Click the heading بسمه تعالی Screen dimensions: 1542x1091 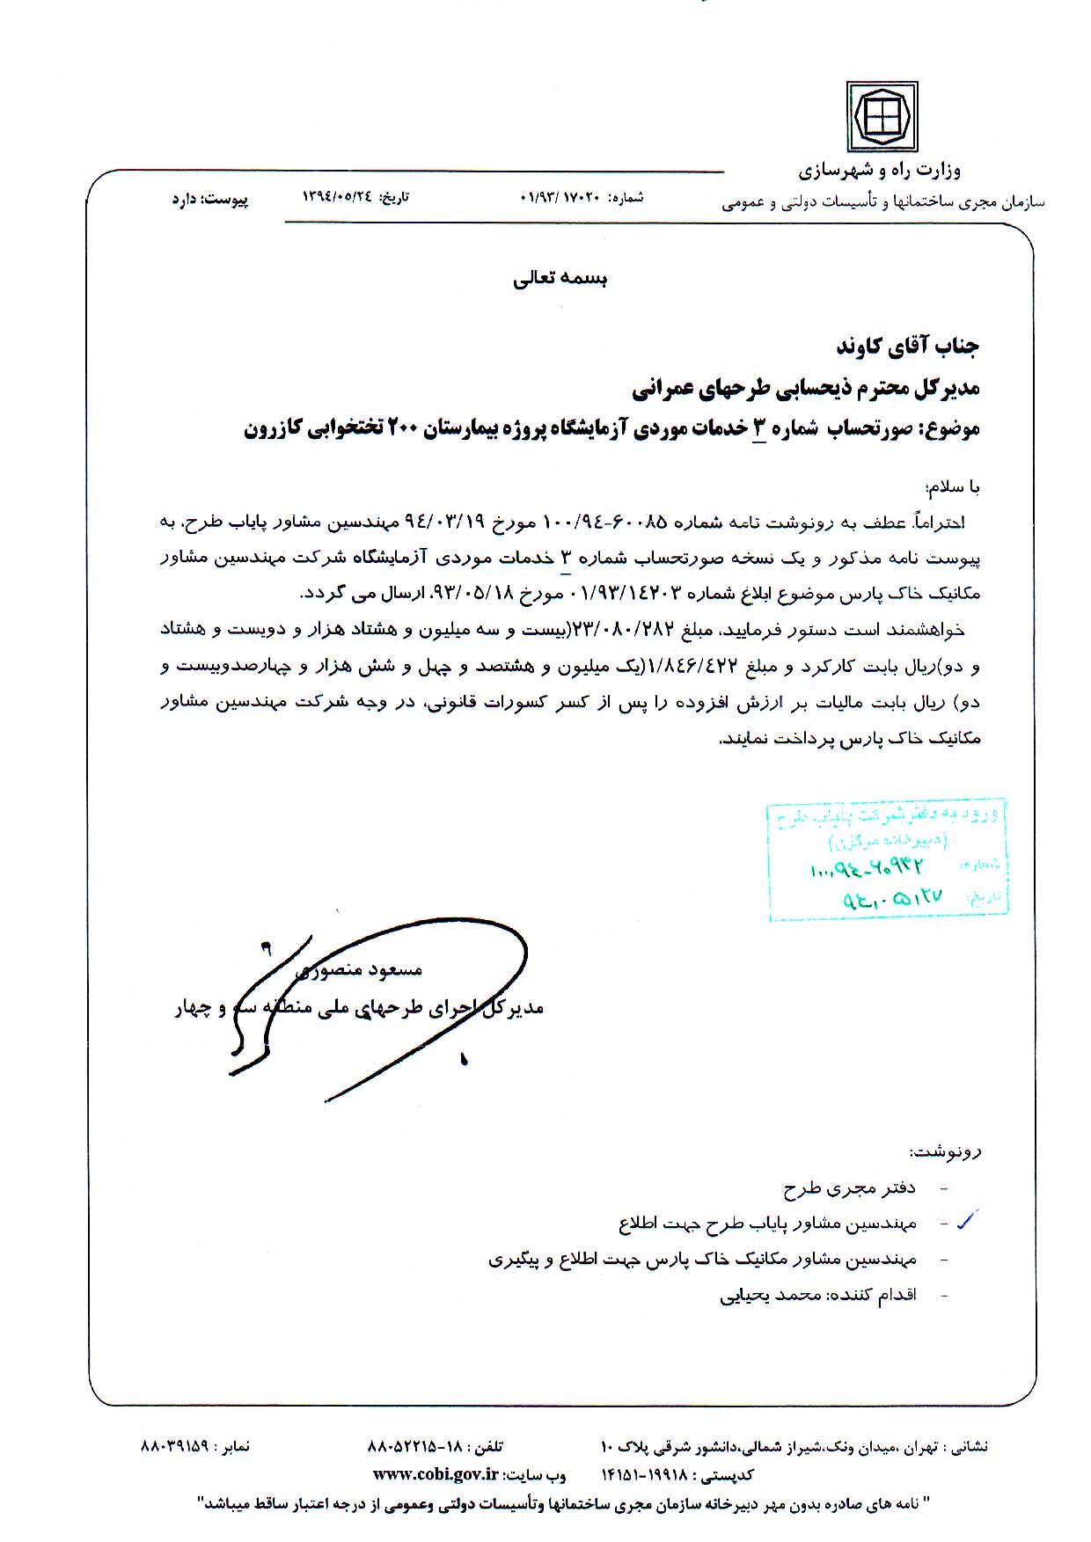pos(560,279)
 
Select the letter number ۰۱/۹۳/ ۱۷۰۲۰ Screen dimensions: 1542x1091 pos(560,198)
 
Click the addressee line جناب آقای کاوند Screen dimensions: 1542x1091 pos(907,346)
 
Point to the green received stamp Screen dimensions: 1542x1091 pos(888,860)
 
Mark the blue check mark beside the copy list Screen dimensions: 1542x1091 pos(966,1220)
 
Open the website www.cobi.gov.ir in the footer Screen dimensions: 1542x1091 pos(436,1475)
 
